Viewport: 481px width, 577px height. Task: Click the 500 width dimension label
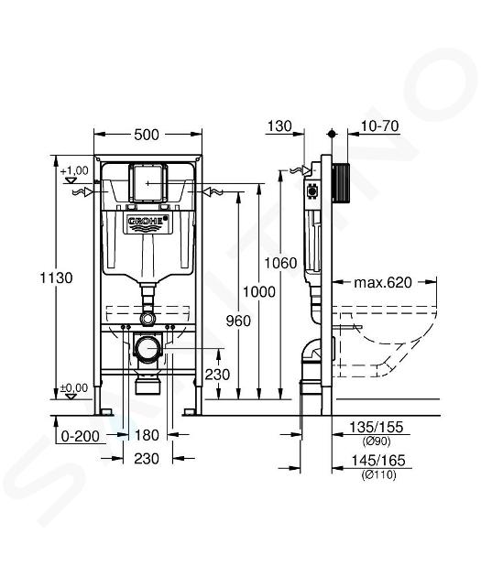pyautogui.click(x=147, y=135)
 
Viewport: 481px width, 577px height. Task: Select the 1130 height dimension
pyautogui.click(x=56, y=278)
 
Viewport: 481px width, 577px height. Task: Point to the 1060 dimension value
pyautogui.click(x=280, y=263)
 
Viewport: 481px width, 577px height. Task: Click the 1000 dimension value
pyautogui.click(x=259, y=292)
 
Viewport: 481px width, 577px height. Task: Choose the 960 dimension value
pyautogui.click(x=238, y=321)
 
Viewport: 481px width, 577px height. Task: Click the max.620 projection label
pyautogui.click(x=383, y=283)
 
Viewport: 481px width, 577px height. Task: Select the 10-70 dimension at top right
pyautogui.click(x=380, y=126)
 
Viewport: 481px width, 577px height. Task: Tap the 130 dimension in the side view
pyautogui.click(x=279, y=126)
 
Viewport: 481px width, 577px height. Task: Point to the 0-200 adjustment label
pyautogui.click(x=81, y=437)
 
